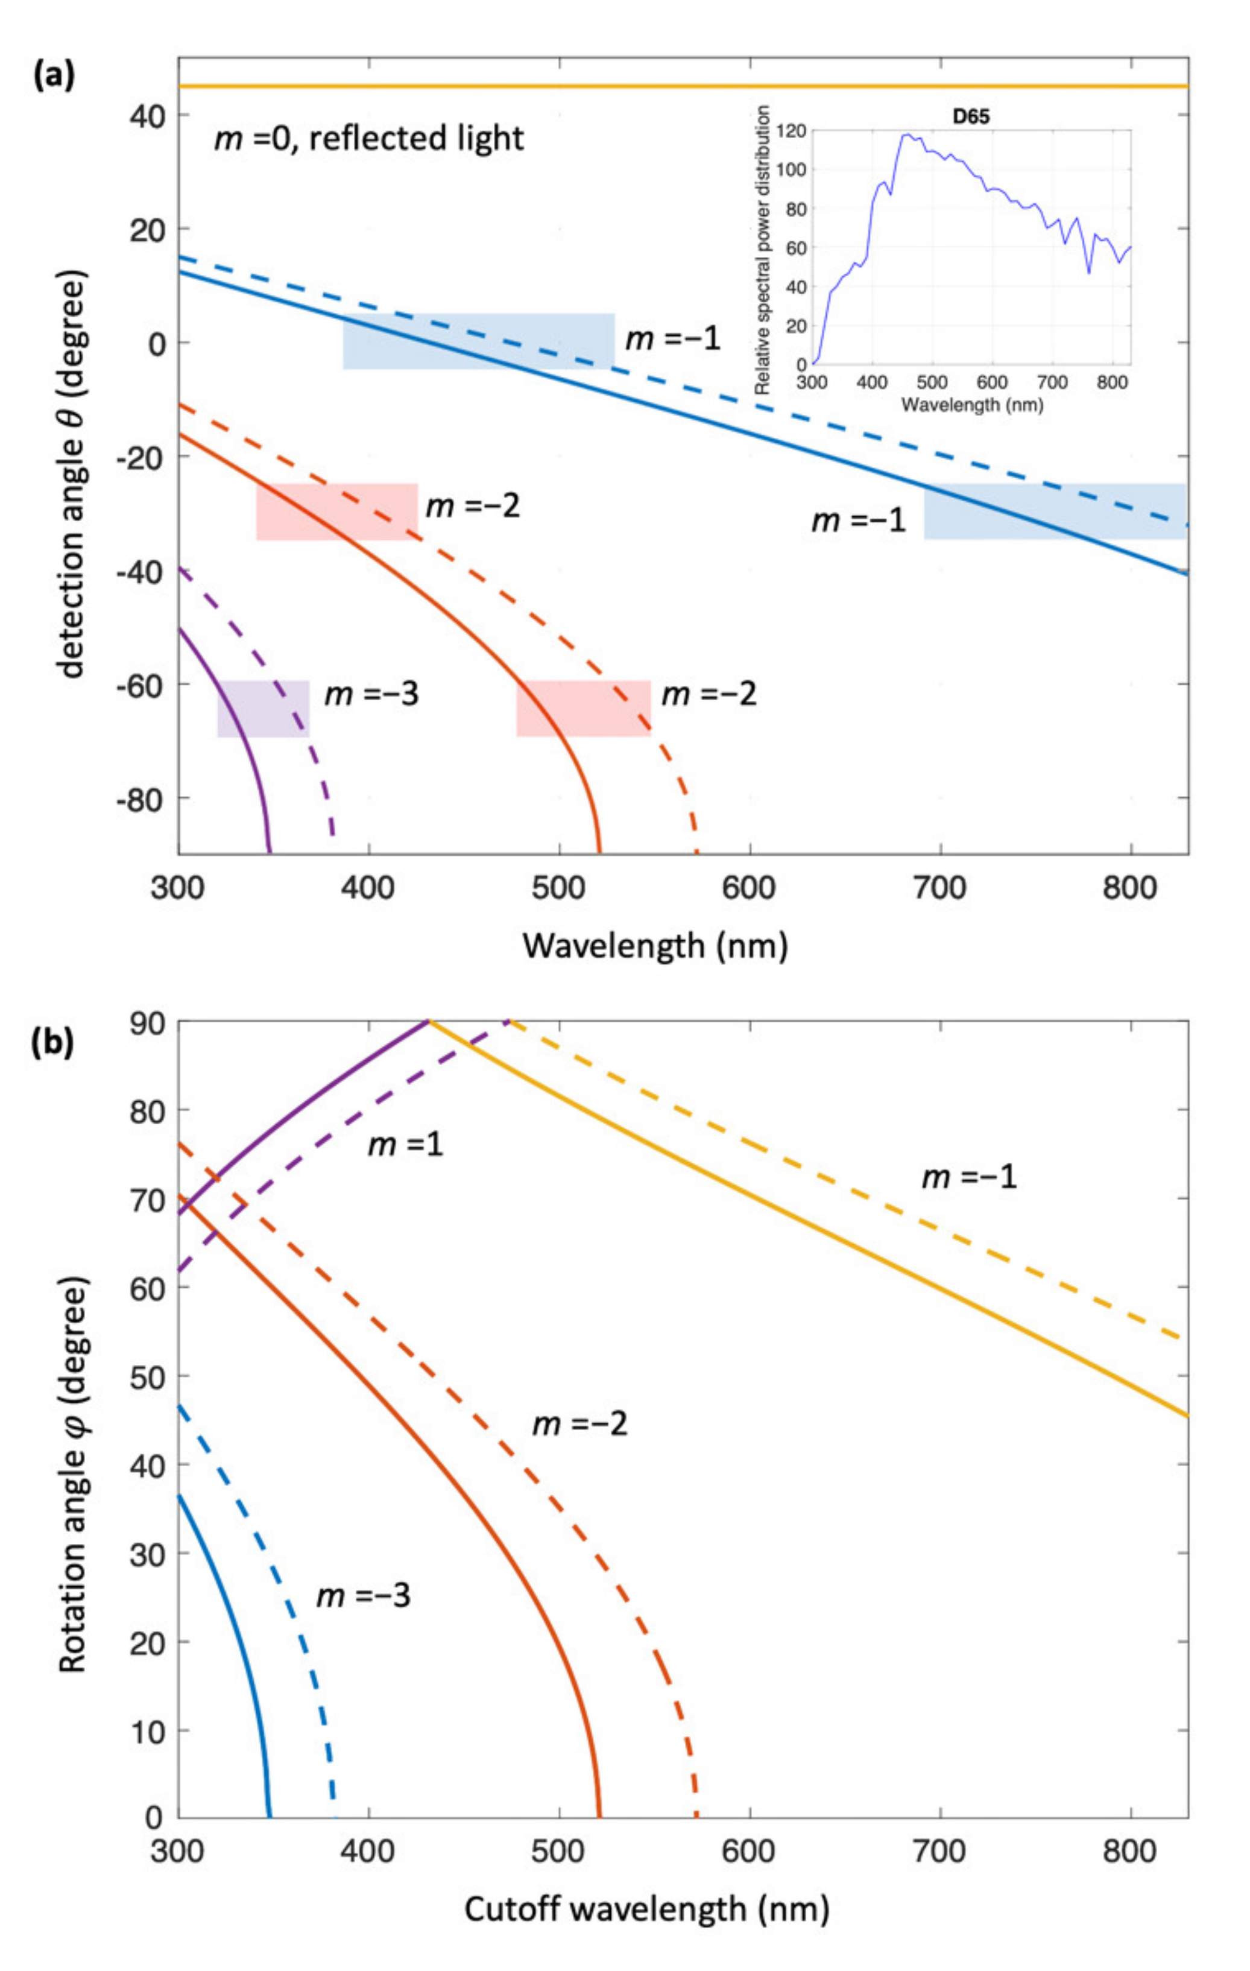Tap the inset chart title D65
coord(971,117)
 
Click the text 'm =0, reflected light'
coord(368,138)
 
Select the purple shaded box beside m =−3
coord(263,709)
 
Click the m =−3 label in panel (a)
coord(371,695)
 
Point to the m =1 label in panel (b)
coord(405,1144)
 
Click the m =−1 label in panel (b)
coord(969,1177)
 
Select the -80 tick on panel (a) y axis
coord(142,798)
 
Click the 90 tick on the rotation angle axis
coord(147,1023)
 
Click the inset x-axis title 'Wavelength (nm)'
coord(971,404)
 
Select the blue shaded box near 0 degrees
coord(478,341)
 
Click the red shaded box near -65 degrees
coord(583,709)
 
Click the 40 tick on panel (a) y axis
coord(147,117)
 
